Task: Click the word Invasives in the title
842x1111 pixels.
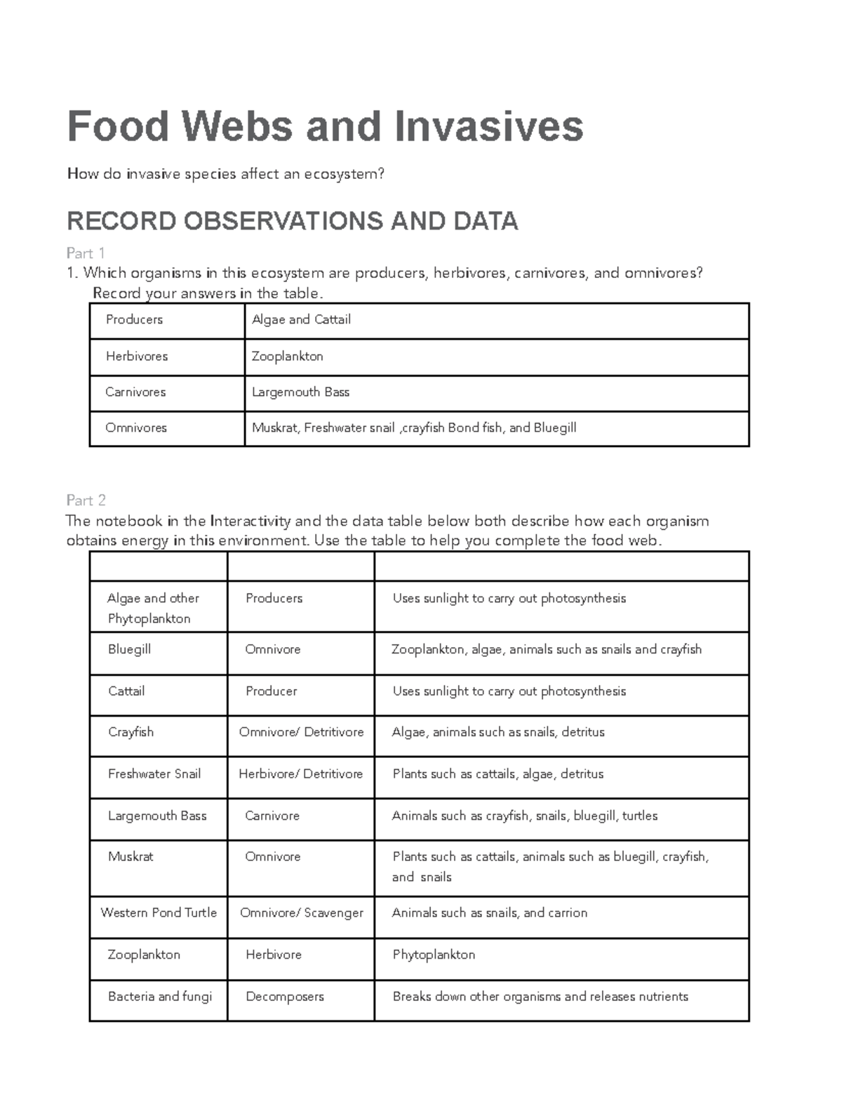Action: click(x=488, y=126)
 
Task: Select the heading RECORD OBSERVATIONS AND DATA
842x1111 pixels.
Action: click(x=292, y=221)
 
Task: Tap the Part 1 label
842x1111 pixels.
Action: click(x=86, y=253)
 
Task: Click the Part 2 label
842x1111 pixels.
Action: click(x=86, y=500)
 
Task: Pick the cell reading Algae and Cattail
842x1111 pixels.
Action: click(x=301, y=320)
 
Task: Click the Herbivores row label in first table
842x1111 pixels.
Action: click(x=137, y=357)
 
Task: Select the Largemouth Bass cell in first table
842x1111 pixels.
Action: click(x=300, y=392)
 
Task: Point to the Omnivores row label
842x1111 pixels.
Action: click(x=136, y=428)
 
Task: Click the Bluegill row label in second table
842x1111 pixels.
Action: click(x=130, y=650)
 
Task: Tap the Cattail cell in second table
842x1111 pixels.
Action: click(x=126, y=691)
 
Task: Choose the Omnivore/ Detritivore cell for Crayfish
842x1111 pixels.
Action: click(x=301, y=733)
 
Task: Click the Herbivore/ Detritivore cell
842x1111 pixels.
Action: click(x=300, y=774)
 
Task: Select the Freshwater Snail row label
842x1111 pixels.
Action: click(x=154, y=774)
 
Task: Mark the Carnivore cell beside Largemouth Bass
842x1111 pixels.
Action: click(x=272, y=816)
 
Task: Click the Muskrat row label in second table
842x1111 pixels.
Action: click(x=131, y=857)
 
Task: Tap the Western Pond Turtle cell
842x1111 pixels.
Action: click(x=159, y=913)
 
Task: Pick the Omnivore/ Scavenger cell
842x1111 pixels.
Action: click(x=301, y=913)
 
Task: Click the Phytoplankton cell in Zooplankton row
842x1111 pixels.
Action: click(x=434, y=955)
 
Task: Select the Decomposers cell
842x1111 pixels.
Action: click(x=285, y=997)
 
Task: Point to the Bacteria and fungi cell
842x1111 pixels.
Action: click(x=160, y=997)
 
